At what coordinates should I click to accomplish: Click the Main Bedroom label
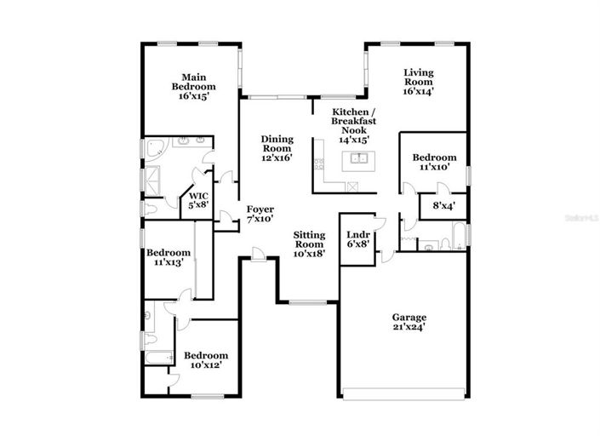click(x=193, y=86)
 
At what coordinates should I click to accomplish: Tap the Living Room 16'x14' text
click(x=418, y=82)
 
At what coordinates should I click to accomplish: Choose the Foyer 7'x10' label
click(x=259, y=213)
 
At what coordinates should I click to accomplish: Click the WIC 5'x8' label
click(x=198, y=200)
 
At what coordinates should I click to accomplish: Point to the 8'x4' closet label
click(x=443, y=205)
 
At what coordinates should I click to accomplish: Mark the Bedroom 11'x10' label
click(x=434, y=162)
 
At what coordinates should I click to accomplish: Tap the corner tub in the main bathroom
click(x=154, y=151)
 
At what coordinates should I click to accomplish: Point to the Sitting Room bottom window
click(x=308, y=301)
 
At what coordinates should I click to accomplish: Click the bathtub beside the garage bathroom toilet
click(x=460, y=234)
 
